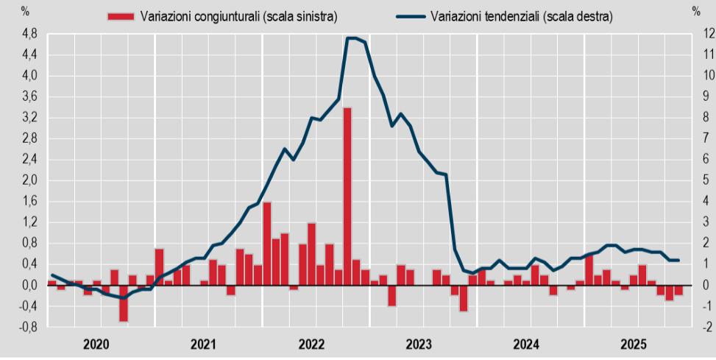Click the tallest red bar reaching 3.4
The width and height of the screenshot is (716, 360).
point(347,196)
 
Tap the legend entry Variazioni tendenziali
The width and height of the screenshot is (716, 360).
point(522,15)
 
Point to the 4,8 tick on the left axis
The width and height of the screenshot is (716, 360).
point(29,34)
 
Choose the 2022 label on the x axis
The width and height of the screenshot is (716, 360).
point(311,344)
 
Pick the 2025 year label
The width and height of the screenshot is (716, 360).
point(634,344)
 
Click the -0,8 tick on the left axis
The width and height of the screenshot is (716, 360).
point(29,327)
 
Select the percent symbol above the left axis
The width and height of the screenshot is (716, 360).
point(26,11)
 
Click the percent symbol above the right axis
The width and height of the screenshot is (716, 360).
point(695,11)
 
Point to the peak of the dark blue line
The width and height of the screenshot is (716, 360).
point(352,38)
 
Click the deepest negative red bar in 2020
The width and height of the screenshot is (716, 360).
point(124,303)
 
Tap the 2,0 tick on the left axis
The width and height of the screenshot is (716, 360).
point(29,180)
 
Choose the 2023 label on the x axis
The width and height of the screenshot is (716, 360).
point(419,344)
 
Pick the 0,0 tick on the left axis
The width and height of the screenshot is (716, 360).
point(29,285)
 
